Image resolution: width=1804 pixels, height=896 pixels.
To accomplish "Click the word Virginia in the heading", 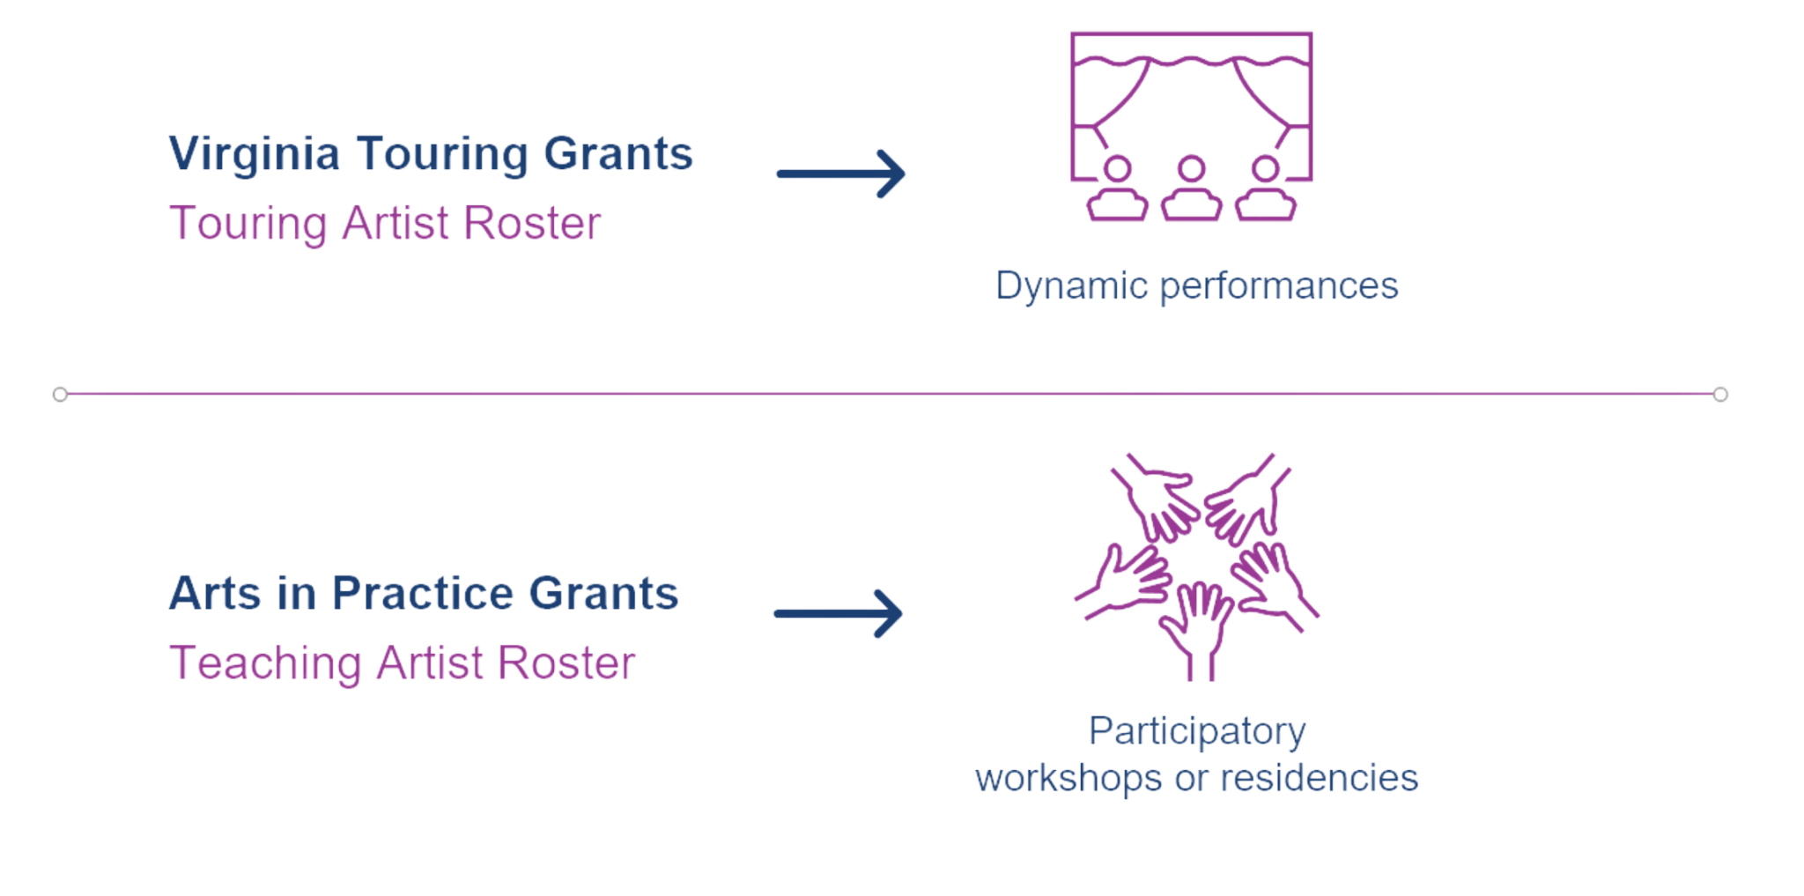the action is click(x=255, y=155).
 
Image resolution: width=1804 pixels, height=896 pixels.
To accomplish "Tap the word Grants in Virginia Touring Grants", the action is click(x=618, y=153).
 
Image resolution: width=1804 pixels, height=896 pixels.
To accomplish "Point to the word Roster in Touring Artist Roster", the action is click(x=532, y=223).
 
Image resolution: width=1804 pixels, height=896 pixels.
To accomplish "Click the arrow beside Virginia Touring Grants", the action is click(x=841, y=174).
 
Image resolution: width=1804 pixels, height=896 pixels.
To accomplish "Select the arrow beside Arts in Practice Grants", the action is click(x=839, y=613).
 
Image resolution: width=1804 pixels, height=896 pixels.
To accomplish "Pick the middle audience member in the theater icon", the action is click(x=1192, y=189).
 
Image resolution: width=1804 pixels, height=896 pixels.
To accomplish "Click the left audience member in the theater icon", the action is click(x=1118, y=189).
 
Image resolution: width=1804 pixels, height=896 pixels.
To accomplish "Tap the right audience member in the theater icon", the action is click(x=1266, y=189).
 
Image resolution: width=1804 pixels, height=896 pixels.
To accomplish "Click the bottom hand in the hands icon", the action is click(x=1196, y=630).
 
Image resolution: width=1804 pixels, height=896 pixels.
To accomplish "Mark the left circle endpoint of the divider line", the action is click(x=60, y=395).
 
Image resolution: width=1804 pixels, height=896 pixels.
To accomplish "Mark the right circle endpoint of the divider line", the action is click(x=1720, y=395).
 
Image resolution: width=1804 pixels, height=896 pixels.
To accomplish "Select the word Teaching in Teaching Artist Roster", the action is click(x=265, y=664).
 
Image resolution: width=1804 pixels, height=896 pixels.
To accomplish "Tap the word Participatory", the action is click(x=1197, y=732).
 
